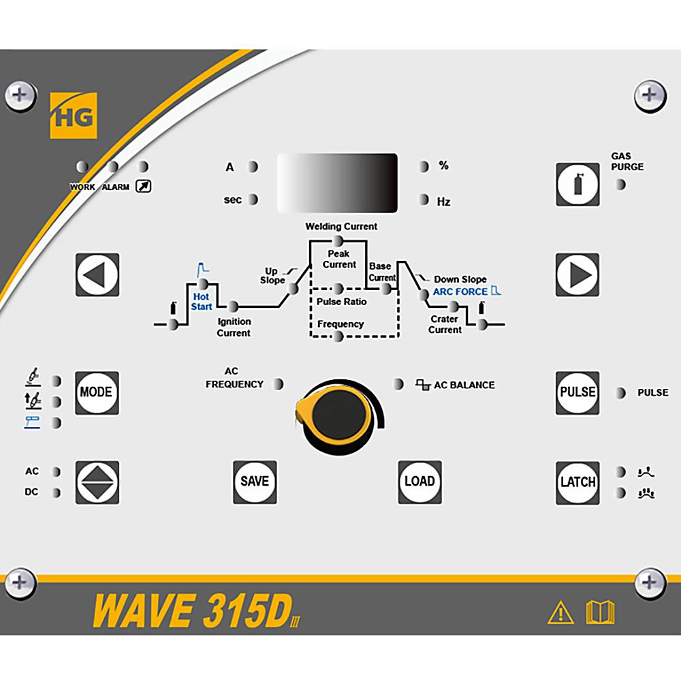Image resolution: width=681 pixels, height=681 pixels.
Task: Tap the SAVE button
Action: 255,482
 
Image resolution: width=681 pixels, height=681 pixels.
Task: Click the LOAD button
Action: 420,482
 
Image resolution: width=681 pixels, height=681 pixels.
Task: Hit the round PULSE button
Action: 577,393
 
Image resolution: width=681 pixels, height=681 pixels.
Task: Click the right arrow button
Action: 577,275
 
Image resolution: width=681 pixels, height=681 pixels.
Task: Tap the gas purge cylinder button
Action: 577,185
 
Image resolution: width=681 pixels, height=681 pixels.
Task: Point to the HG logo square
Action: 74,116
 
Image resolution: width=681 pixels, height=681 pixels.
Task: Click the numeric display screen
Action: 338,183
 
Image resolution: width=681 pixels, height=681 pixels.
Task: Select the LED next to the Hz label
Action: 424,200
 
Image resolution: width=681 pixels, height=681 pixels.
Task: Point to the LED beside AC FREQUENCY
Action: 278,384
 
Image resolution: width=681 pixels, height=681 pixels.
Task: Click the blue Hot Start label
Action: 202,302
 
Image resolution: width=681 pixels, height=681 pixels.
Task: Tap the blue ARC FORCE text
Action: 460,291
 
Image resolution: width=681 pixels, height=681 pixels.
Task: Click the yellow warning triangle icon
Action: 560,613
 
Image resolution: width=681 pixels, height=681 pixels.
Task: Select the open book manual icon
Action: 601,612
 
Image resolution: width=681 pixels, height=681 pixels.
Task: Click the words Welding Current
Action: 341,226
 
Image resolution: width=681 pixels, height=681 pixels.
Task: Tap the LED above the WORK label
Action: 82,167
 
